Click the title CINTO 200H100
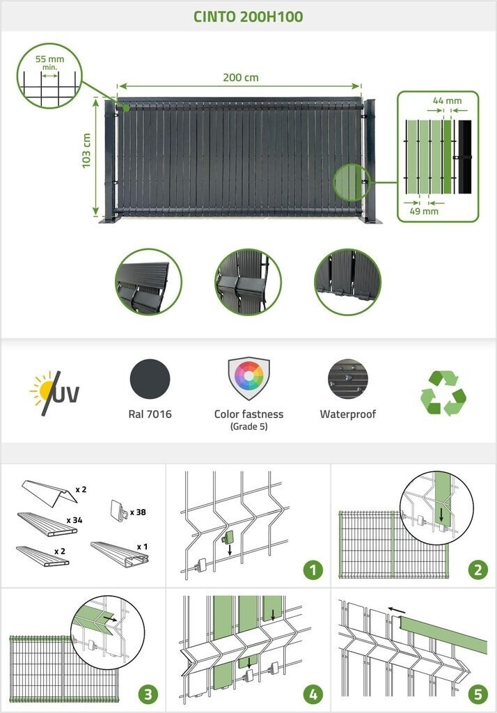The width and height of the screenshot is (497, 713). click(248, 16)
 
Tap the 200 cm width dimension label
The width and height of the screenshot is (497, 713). click(241, 77)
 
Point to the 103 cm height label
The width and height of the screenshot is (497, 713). click(87, 157)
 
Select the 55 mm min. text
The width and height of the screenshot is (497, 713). click(49, 63)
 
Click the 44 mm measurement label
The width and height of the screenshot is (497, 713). click(447, 101)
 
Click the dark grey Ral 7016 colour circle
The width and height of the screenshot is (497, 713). click(150, 379)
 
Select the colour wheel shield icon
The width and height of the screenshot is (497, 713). click(248, 378)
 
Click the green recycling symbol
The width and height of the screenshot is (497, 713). click(443, 393)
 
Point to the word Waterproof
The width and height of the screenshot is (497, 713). click(347, 414)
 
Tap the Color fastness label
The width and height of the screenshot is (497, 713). click(248, 414)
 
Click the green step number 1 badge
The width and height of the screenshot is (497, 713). click(313, 570)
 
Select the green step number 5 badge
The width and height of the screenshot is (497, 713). click(478, 694)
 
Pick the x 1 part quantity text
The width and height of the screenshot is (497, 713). click(142, 547)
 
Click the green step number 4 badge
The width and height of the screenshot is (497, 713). click(313, 694)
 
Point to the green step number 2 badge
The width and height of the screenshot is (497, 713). click(478, 570)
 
